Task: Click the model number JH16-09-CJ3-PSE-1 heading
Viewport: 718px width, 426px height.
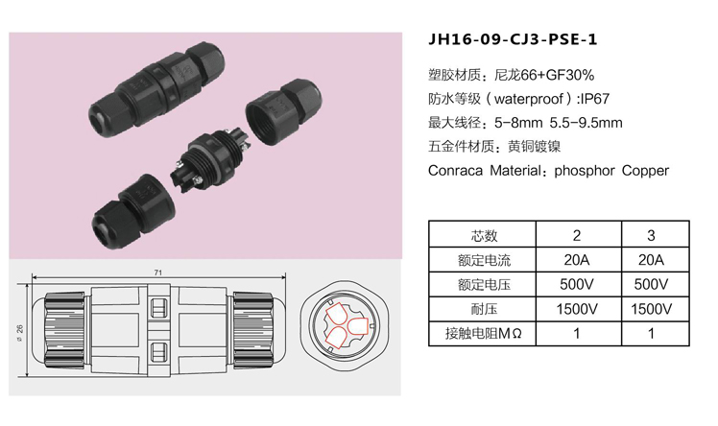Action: point(513,39)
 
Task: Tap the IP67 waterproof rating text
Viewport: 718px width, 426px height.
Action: point(594,99)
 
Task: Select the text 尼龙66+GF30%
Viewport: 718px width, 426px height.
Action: point(544,75)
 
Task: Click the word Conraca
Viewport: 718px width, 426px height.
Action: point(455,171)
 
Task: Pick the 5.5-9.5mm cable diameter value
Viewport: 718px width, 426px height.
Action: point(586,123)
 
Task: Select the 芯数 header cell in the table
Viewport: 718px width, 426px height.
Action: point(482,235)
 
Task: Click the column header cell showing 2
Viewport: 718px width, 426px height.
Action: point(579,235)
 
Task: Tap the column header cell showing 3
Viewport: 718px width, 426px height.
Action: point(656,235)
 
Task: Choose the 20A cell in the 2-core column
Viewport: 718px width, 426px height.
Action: point(579,260)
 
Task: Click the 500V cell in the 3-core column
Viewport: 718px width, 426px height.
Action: point(656,284)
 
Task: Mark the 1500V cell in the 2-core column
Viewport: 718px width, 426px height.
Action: point(579,309)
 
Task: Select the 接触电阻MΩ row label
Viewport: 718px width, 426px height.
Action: point(483,333)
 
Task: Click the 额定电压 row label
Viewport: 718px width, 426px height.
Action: point(484,285)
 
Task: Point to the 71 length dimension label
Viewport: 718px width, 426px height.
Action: point(158,272)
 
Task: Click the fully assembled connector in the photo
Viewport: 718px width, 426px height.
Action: point(157,89)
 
